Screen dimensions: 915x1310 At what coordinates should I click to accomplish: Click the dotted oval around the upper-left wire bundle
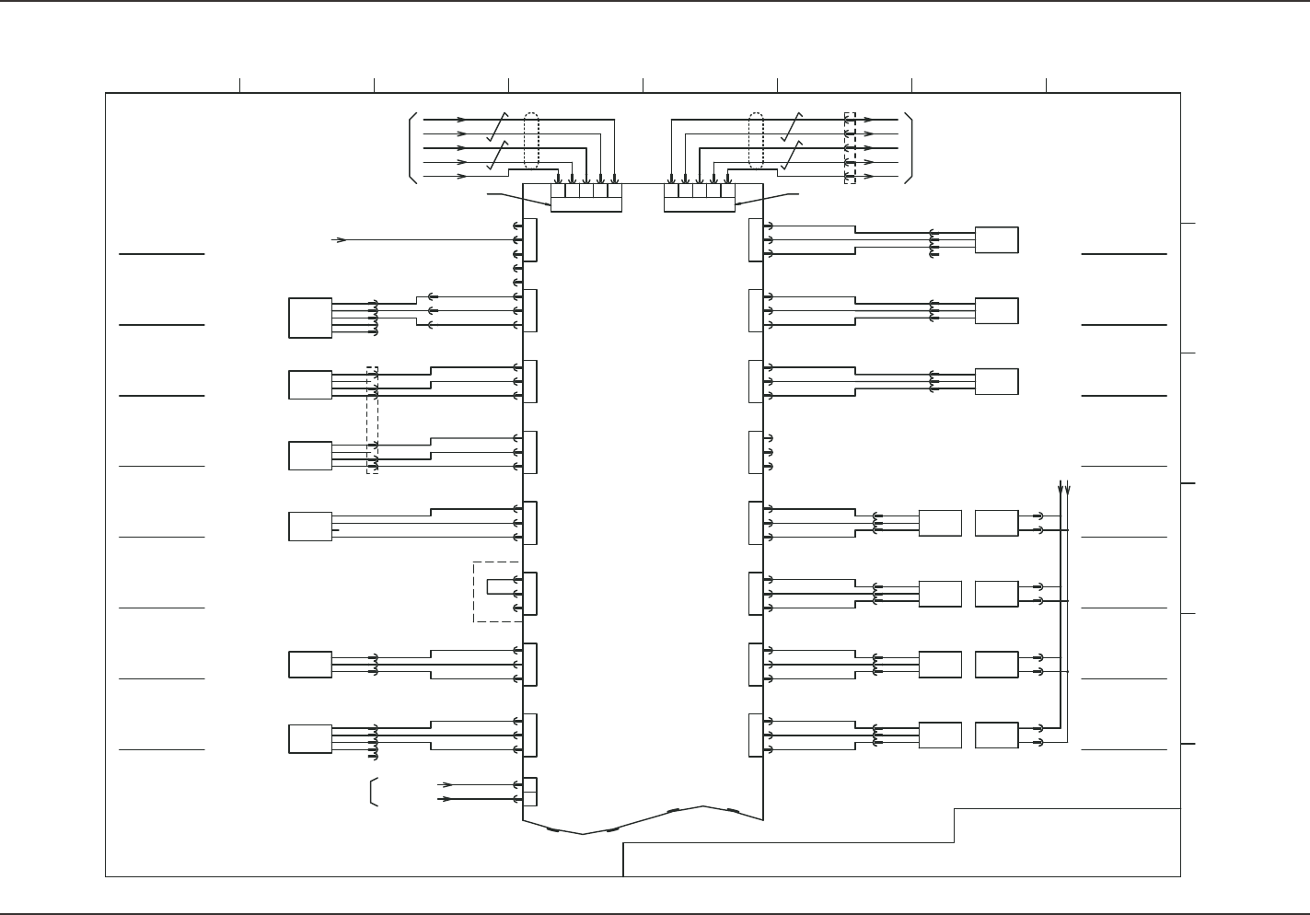click(x=531, y=141)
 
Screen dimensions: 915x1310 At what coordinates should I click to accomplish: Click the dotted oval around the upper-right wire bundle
click(x=757, y=141)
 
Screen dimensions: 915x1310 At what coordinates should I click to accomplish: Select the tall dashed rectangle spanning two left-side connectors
click(x=372, y=420)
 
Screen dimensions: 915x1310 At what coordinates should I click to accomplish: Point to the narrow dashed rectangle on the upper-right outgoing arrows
click(x=850, y=148)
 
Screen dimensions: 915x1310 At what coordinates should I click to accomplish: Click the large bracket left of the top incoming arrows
click(x=412, y=148)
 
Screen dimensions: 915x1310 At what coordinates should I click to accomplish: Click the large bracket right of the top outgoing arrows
click(x=909, y=148)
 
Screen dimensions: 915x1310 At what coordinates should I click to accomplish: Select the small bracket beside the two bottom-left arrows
click(x=372, y=792)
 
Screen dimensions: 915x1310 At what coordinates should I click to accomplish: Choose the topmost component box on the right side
click(x=996, y=239)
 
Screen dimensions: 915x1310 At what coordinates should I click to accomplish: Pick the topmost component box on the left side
click(x=310, y=318)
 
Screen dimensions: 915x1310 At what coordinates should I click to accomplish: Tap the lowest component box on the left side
click(x=310, y=739)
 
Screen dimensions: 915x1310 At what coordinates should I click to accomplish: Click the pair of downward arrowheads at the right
click(x=1064, y=487)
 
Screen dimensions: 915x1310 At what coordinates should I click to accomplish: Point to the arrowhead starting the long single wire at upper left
click(x=340, y=240)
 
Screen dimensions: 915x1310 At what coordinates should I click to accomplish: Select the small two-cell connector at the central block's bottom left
click(x=529, y=792)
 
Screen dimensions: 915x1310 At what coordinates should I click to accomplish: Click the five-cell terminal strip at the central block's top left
click(x=586, y=197)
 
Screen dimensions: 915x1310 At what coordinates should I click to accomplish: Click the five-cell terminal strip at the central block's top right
click(x=700, y=197)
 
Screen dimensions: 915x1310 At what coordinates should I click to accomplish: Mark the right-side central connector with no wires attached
click(x=757, y=452)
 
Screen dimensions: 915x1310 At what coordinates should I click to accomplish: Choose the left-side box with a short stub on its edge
click(x=310, y=527)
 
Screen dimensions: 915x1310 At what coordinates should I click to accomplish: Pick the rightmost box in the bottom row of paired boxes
click(x=996, y=735)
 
